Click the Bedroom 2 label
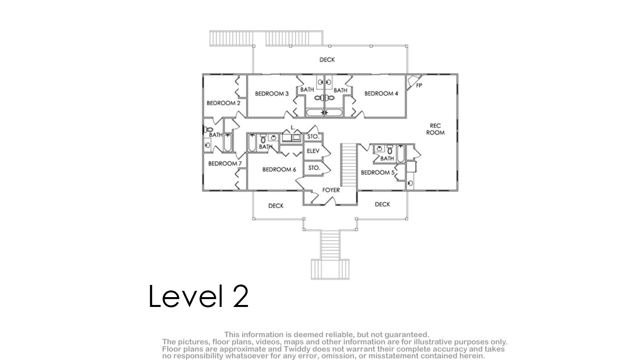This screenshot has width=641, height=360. [x=223, y=103]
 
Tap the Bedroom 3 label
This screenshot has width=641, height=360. [x=272, y=94]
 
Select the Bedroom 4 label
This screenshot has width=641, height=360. [x=381, y=94]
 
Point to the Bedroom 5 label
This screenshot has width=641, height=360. [x=377, y=173]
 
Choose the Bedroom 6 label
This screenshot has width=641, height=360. [x=279, y=169]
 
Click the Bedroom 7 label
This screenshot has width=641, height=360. [x=225, y=163]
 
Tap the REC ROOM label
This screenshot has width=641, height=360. [x=435, y=129]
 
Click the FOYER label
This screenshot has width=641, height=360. [x=331, y=190]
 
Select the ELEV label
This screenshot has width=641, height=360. [x=313, y=151]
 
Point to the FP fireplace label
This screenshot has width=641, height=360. [x=419, y=85]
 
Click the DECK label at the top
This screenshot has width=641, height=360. [x=327, y=60]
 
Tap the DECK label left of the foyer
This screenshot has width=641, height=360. [x=276, y=206]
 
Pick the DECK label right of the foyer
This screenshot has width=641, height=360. [x=382, y=204]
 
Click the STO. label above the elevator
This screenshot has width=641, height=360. [x=313, y=137]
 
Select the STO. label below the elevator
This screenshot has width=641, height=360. [x=314, y=168]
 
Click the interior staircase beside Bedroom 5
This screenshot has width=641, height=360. [x=348, y=165]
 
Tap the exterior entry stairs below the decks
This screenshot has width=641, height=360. [x=330, y=254]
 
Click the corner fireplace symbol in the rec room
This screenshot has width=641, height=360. [x=413, y=82]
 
